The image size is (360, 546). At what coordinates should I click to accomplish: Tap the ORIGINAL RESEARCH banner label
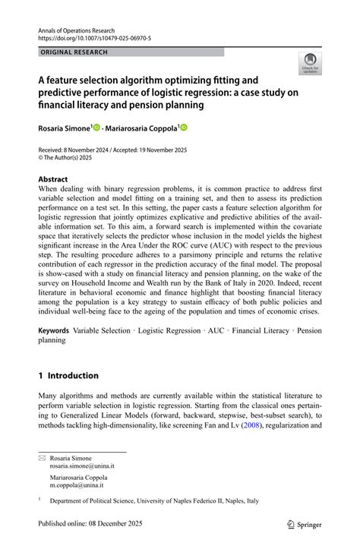74,52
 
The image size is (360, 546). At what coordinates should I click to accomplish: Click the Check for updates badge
309,65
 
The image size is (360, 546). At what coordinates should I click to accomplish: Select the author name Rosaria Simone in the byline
64,128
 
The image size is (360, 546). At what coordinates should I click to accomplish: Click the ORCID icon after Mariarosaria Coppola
182,128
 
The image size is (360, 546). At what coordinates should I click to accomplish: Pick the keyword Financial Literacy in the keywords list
260,331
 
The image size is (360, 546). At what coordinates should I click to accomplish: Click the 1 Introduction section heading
68,375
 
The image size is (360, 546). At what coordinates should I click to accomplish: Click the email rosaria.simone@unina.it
82,466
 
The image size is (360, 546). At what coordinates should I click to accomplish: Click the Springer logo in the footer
304,524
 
